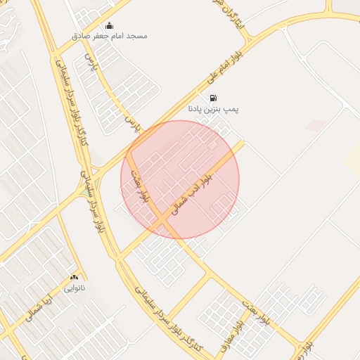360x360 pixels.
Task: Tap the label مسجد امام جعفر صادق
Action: [x=110, y=35]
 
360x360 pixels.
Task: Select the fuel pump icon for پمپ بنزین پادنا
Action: [x=213, y=98]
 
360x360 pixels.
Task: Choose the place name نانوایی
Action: [x=74, y=288]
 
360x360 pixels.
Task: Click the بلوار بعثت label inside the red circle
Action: [x=140, y=186]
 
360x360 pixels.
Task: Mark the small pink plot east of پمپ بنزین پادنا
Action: [x=316, y=125]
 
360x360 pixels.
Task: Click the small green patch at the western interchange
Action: [x=84, y=188]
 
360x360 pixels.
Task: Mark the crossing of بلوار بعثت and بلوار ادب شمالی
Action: [x=166, y=224]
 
